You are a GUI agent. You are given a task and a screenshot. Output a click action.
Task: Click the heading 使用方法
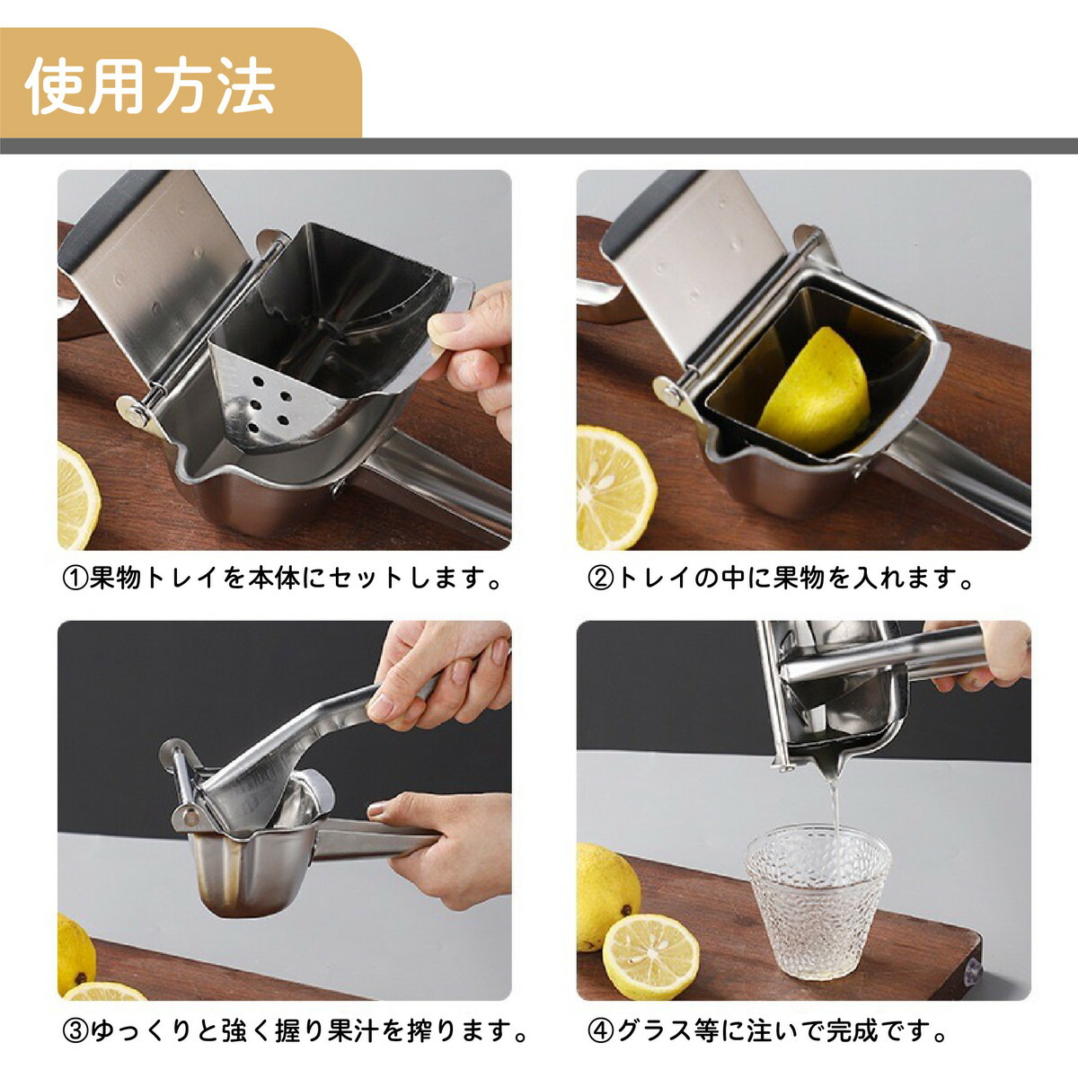tap(150, 85)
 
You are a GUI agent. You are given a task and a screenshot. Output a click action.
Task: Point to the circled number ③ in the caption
tap(75, 1031)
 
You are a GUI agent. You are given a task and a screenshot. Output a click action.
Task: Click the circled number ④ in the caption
tap(600, 1031)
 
